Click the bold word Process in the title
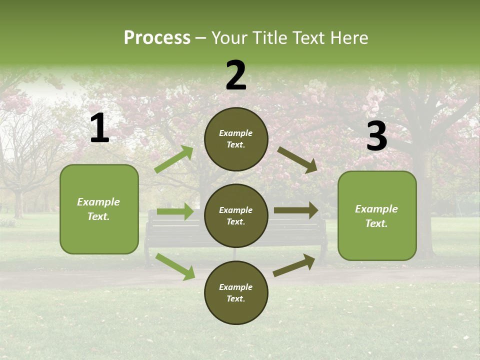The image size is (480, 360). point(157,38)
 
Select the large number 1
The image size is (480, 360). point(99,128)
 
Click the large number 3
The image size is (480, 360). point(376,136)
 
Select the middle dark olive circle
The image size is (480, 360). point(236,215)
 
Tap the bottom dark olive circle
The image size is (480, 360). point(236,292)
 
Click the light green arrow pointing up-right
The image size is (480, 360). point(174,159)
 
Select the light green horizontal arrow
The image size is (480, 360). point(175,211)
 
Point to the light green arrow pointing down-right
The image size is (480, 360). point(175,266)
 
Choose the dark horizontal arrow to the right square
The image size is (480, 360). point(296,210)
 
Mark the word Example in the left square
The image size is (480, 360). point(98,202)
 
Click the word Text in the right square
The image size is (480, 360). point(376,223)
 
